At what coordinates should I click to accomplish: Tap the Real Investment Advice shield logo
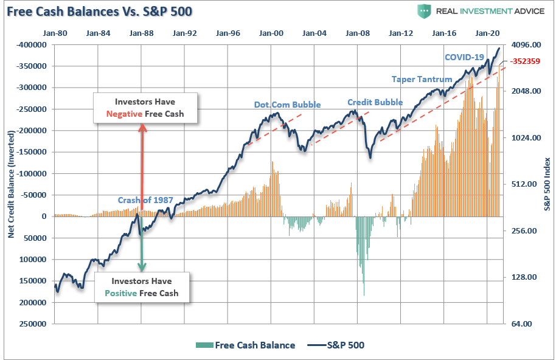[x=423, y=11]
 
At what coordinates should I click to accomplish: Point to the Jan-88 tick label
[x=141, y=34]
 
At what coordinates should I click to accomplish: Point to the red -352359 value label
[x=526, y=61]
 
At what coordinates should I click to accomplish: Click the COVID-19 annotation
[x=464, y=57]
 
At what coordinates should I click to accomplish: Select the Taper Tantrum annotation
[x=422, y=79]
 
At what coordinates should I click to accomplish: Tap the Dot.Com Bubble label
[x=287, y=104]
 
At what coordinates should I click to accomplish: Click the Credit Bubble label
[x=375, y=102]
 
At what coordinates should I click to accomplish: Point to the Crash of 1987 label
[x=145, y=201]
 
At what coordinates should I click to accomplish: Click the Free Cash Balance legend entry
[x=245, y=345]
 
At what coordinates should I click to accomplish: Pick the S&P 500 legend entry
[x=337, y=345]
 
